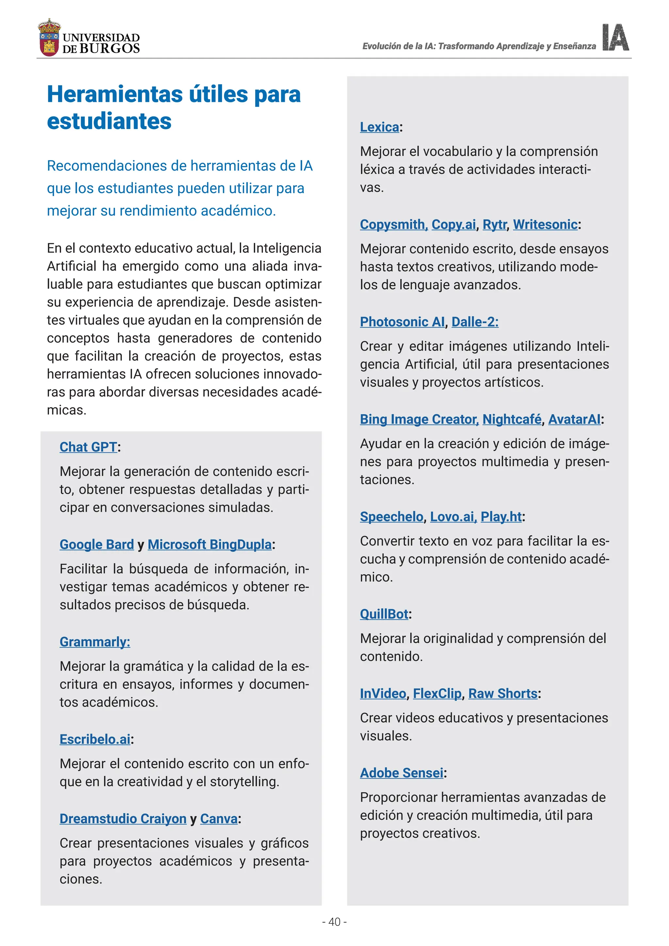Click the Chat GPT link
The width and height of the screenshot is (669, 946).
click(x=88, y=447)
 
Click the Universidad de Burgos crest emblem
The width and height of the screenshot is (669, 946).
click(x=49, y=38)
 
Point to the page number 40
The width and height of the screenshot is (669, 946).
click(x=334, y=922)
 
